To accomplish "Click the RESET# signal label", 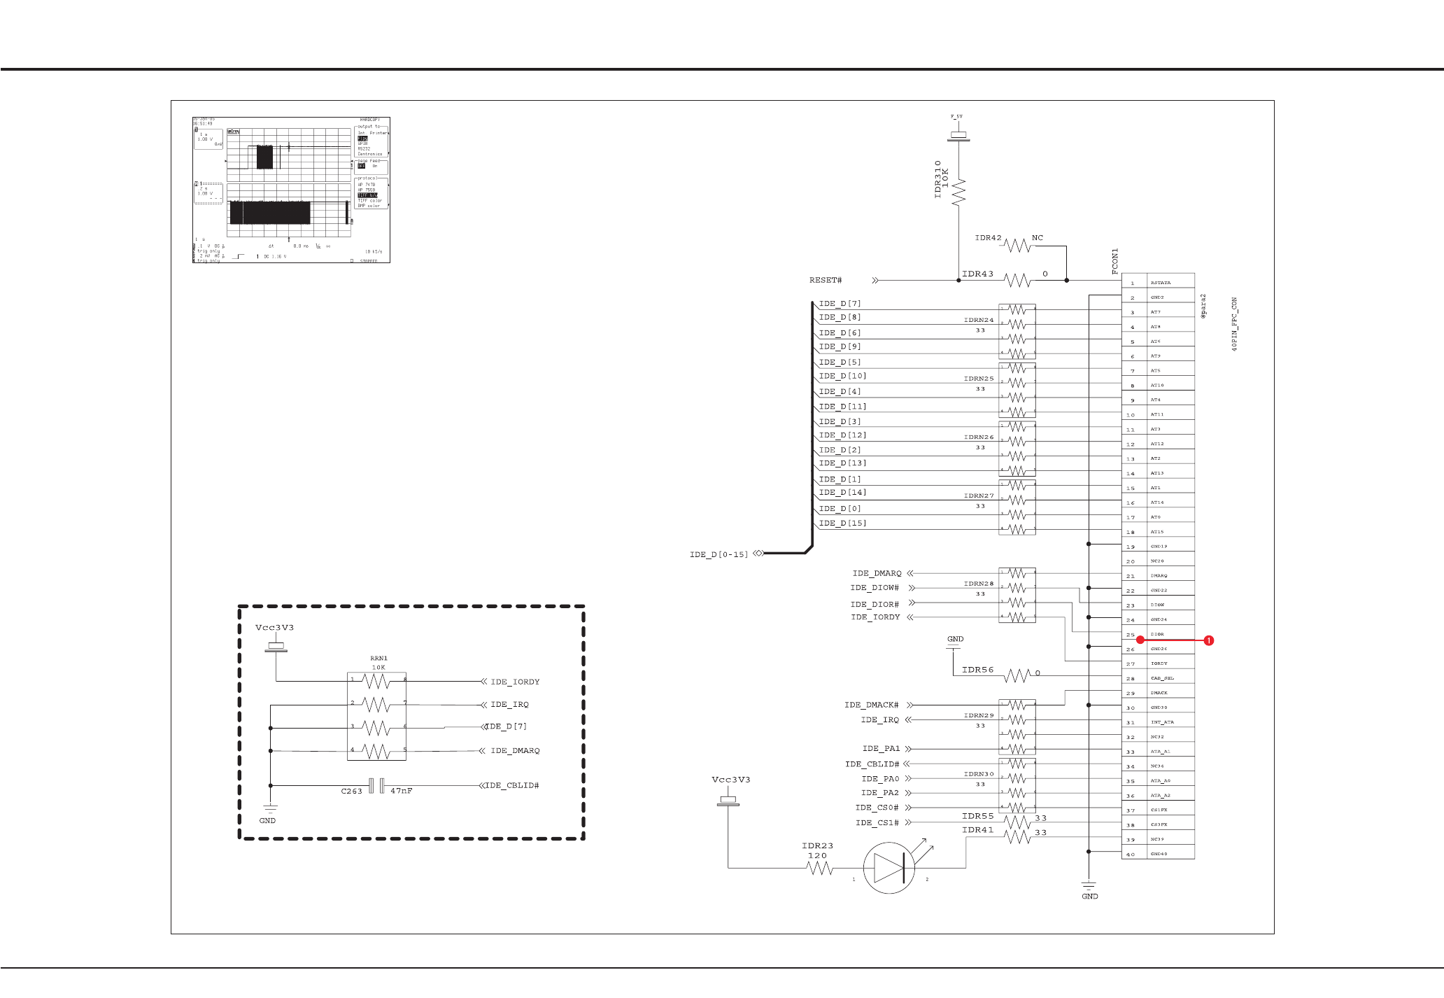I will point(826,281).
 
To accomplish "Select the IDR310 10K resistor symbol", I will point(958,191).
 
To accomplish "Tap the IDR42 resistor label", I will point(988,238).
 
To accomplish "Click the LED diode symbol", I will point(889,868).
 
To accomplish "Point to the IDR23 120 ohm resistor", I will point(819,868).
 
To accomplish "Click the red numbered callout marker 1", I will point(1208,640).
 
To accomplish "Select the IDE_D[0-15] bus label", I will point(719,555).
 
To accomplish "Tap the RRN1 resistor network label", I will point(378,659).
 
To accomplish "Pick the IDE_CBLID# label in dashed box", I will point(513,786).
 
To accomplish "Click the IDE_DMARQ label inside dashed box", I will point(515,751).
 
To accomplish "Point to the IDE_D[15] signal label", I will point(842,523).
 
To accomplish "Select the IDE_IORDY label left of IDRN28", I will point(875,617).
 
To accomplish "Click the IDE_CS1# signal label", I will point(877,823).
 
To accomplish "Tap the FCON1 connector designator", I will point(1115,261).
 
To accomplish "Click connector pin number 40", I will point(1131,855).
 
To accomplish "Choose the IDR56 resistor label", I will point(977,670).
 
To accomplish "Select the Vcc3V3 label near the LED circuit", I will point(730,780).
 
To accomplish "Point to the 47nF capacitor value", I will point(401,791).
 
